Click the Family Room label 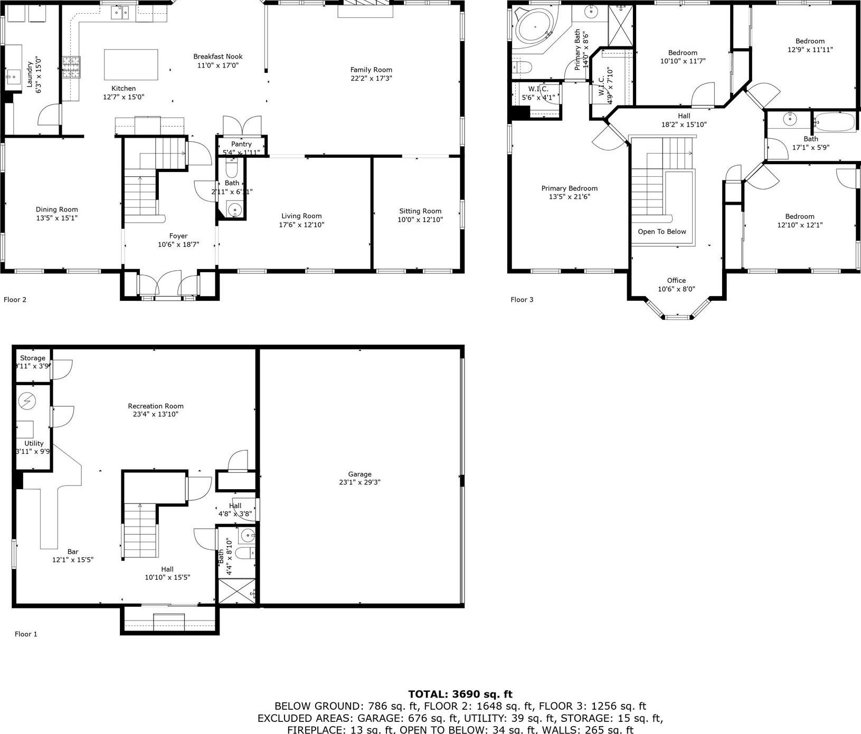click(371, 70)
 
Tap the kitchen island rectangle click(131, 64)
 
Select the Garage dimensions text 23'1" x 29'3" click(359, 482)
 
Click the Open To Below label click(661, 232)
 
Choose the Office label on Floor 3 click(676, 280)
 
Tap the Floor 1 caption click(26, 634)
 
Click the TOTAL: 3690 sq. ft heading click(460, 694)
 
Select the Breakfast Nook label click(217, 56)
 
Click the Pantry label click(241, 144)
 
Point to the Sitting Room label click(420, 211)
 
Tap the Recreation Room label click(156, 406)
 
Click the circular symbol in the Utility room click(27, 402)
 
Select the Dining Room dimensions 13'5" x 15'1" click(56, 218)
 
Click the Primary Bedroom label click(569, 188)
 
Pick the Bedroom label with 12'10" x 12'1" click(799, 216)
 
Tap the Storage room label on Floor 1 click(33, 358)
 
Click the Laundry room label click(30, 74)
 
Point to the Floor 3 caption click(522, 300)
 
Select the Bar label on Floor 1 click(73, 552)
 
